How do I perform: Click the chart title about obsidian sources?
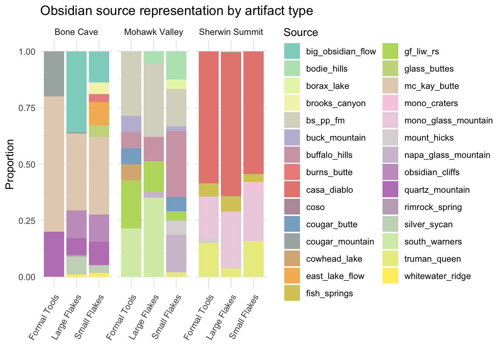[177, 10]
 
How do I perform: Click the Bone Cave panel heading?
[76, 32]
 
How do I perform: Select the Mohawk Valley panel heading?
[154, 32]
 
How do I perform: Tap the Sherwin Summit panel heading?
[231, 32]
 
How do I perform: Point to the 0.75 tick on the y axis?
[27, 108]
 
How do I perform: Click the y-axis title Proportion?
[10, 164]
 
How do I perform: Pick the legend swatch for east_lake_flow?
[292, 276]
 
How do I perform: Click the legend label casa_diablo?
[329, 190]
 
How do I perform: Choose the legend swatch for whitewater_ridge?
[390, 276]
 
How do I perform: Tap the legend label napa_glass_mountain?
[447, 155]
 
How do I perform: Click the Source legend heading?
[301, 32]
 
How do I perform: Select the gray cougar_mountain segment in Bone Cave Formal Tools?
[54, 74]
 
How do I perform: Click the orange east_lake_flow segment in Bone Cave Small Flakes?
[99, 114]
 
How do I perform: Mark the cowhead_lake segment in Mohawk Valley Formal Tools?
[131, 172]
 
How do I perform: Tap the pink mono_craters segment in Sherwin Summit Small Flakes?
[253, 186]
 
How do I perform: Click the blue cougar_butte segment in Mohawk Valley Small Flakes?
[176, 204]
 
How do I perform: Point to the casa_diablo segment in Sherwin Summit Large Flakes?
[231, 124]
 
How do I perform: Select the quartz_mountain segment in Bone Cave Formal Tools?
[54, 254]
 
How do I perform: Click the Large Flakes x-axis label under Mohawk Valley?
[144, 317]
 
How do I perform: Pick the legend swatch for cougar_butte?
[292, 224]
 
